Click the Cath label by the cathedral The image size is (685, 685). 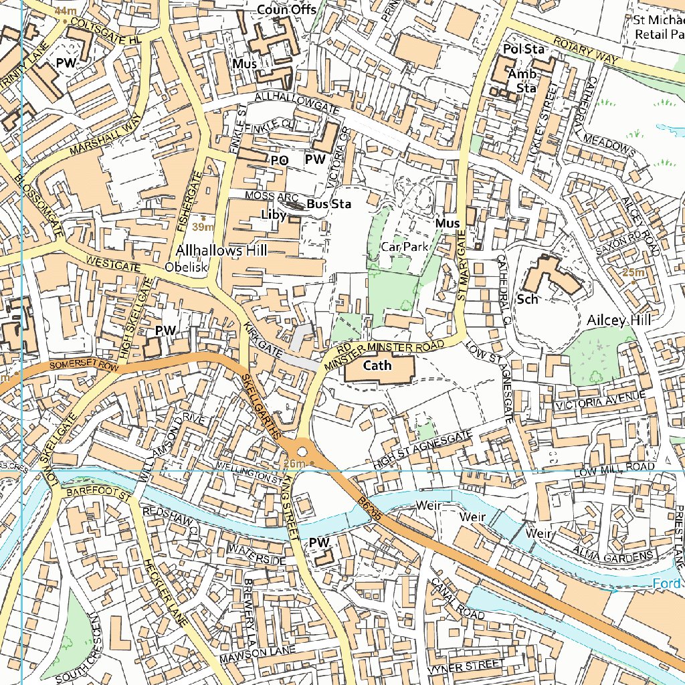coord(377,365)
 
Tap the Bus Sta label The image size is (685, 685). coord(329,203)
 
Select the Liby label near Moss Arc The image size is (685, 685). coord(274,215)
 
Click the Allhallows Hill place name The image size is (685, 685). coord(221,250)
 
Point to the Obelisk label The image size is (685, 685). coord(187,267)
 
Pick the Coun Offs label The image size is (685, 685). coord(287,9)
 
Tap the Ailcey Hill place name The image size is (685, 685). coord(619,320)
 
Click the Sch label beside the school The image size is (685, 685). coord(527,299)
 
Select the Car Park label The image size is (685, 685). coord(404,247)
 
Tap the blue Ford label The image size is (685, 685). coord(668,584)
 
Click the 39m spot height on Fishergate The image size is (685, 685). coord(202,227)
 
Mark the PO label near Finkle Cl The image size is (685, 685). coord(279,161)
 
